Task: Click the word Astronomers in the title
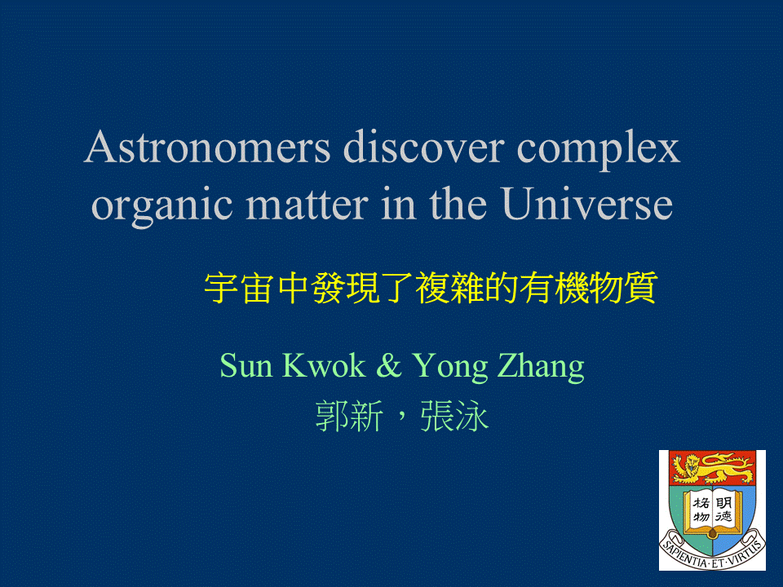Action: click(x=207, y=148)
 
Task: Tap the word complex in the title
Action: click(x=598, y=150)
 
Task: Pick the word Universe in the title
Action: click(x=588, y=204)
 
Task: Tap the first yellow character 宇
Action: click(x=221, y=288)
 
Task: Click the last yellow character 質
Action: click(x=640, y=288)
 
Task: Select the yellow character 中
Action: click(x=293, y=288)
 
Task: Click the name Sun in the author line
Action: click(x=246, y=365)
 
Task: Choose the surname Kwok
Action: click(x=324, y=365)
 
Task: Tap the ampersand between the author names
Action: click(x=389, y=365)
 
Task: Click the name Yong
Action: click(x=450, y=368)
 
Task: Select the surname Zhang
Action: click(x=542, y=368)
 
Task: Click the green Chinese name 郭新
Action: click(x=349, y=416)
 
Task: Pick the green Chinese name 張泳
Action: click(x=454, y=416)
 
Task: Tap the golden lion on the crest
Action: click(x=713, y=468)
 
